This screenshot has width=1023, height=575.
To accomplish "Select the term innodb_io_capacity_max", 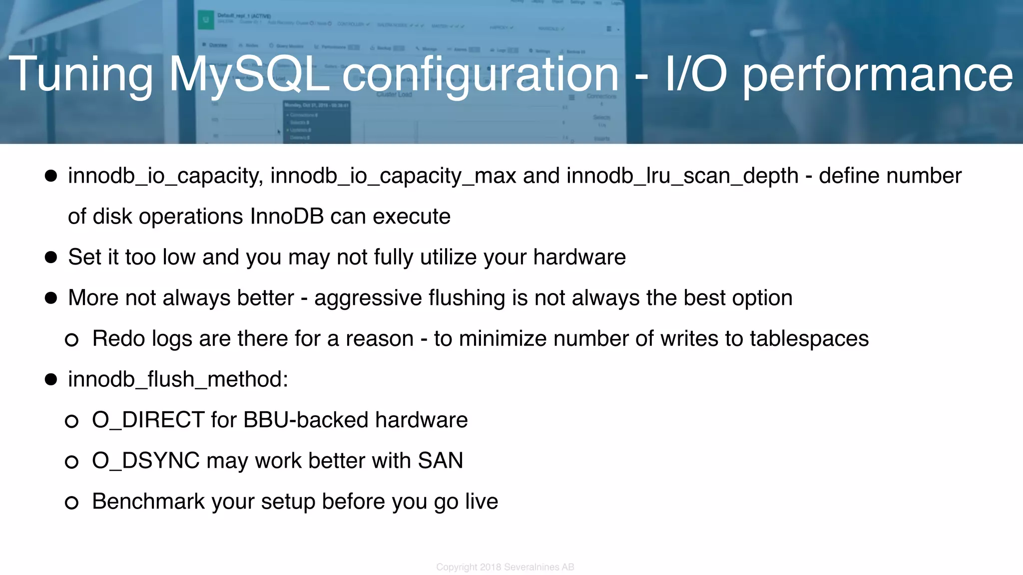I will coord(393,176).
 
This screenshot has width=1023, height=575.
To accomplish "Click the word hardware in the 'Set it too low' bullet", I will coord(579,257).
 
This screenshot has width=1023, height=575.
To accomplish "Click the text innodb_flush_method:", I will coord(178,379).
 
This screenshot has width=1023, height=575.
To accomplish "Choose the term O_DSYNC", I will coord(145,461).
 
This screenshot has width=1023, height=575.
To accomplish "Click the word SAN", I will coord(440,461).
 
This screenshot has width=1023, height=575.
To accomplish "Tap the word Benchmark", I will coord(148,502).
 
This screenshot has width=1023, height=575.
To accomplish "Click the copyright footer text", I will coord(505,567).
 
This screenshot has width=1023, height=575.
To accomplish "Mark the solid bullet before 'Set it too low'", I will coord(51,257).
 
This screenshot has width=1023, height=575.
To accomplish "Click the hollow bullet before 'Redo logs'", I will coord(71,340).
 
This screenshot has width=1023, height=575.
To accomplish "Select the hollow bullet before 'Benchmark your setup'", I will coord(71,503).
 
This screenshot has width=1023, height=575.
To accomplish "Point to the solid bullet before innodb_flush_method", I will coord(51,379).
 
